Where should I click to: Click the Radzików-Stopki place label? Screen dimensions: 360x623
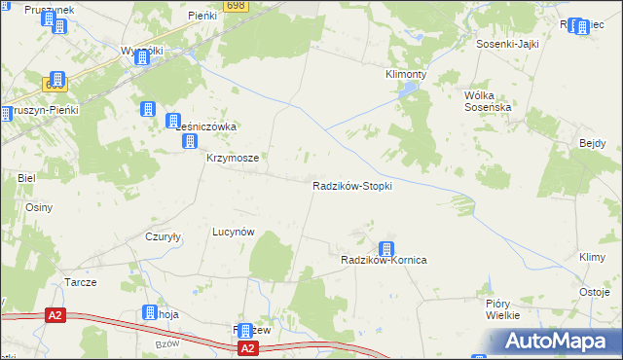pyautogui.click(x=351, y=186)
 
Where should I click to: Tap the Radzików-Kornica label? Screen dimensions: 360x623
pyautogui.click(x=385, y=261)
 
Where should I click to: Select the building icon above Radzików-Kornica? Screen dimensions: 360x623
pyautogui.click(x=386, y=249)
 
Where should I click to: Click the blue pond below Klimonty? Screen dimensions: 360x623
pyautogui.click(x=408, y=90)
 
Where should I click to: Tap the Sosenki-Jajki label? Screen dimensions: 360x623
pyautogui.click(x=507, y=44)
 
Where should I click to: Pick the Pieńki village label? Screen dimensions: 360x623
pyautogui.click(x=202, y=18)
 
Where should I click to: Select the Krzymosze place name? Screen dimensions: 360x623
pyautogui.click(x=231, y=158)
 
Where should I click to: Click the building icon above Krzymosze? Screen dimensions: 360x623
pyautogui.click(x=190, y=142)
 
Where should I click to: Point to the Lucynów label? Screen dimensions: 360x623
pyautogui.click(x=234, y=233)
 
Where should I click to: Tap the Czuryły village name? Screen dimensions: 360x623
pyautogui.click(x=164, y=237)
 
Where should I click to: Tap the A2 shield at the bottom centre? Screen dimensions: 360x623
pyautogui.click(x=247, y=347)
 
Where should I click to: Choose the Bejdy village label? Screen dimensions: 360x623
pyautogui.click(x=592, y=144)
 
